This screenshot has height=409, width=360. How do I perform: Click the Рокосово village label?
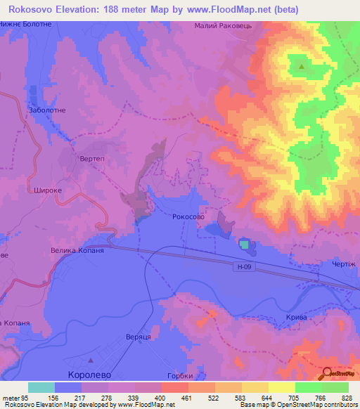pos(188,218)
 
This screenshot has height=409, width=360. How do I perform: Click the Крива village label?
pos(296,318)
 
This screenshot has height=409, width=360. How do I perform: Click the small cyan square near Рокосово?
pos(244,244)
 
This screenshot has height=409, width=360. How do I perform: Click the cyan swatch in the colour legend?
pos(41,387)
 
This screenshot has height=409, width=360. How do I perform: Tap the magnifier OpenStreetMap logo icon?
pos(328,374)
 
